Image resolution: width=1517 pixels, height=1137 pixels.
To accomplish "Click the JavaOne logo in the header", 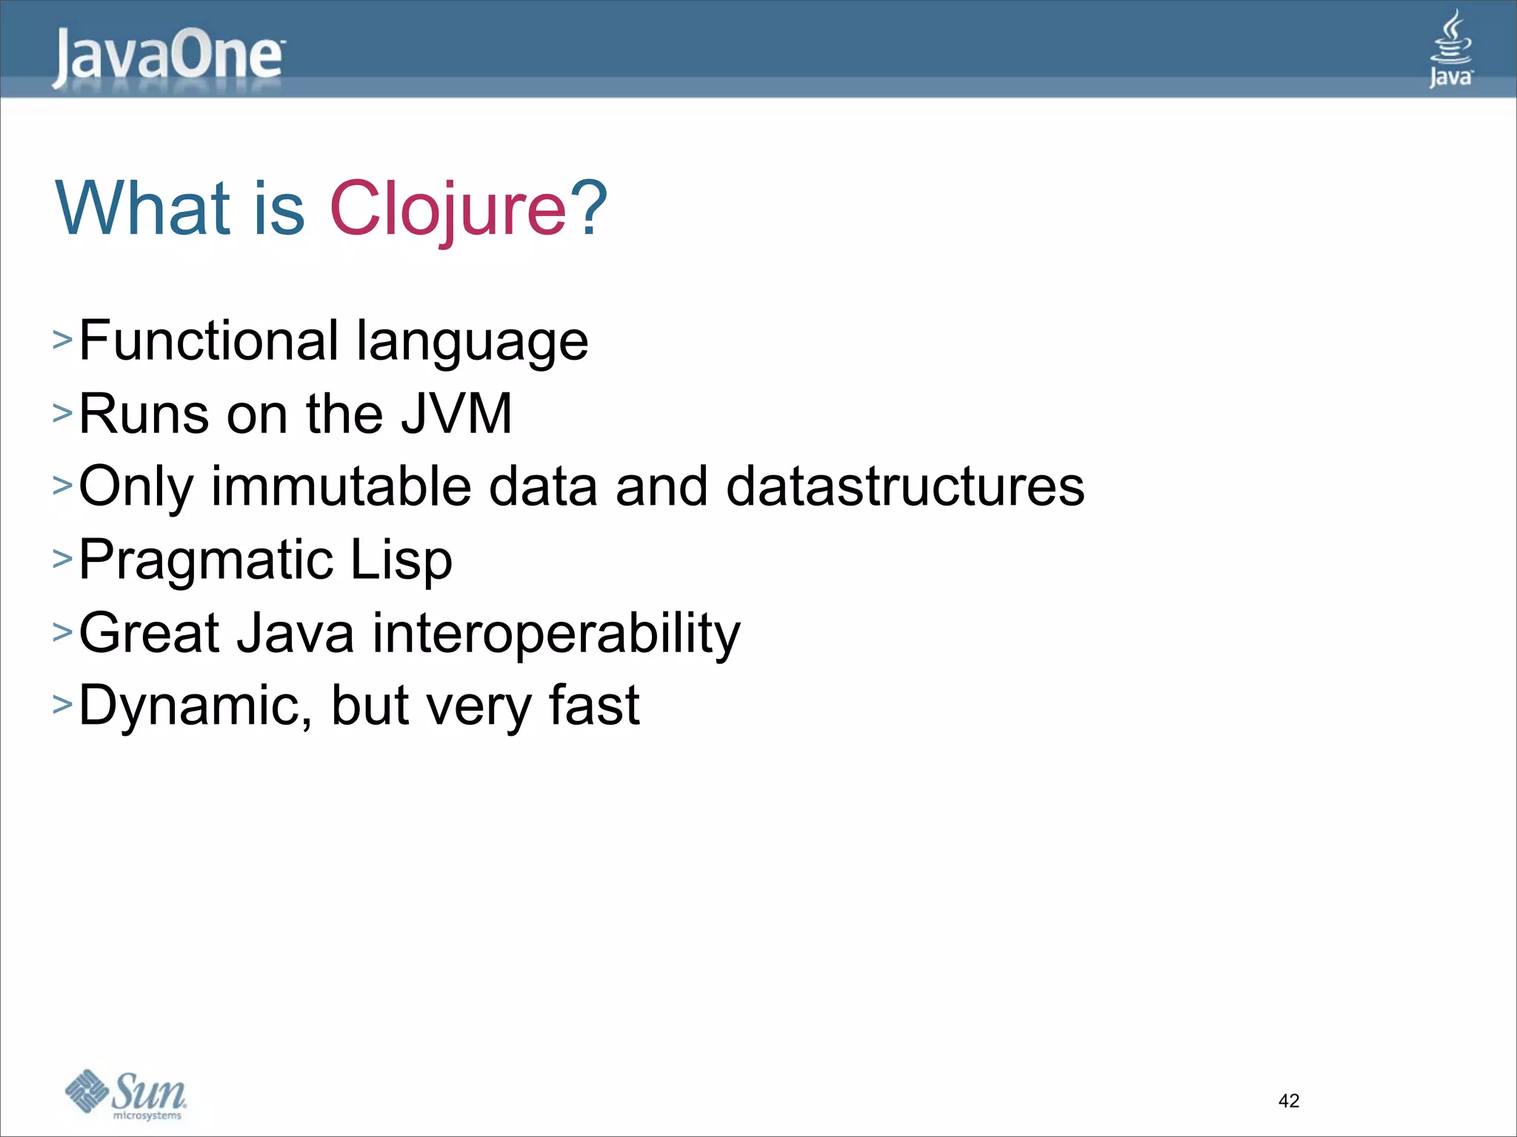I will pyautogui.click(x=169, y=58).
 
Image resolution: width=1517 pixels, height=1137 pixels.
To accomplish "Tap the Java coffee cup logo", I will pyautogui.click(x=1450, y=49).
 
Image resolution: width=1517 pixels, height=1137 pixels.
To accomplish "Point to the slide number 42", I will pyautogui.click(x=1288, y=1101).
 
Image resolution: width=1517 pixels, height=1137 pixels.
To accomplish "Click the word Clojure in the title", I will pyautogui.click(x=447, y=209).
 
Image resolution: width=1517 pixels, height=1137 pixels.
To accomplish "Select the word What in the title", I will pyautogui.click(x=143, y=209).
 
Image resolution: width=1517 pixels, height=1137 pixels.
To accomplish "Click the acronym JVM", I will pyautogui.click(x=456, y=414).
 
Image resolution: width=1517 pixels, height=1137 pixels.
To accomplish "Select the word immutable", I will pyautogui.click(x=341, y=486).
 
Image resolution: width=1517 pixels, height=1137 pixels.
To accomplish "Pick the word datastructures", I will pyautogui.click(x=905, y=486).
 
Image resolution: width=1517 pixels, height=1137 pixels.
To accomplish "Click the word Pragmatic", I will pyautogui.click(x=205, y=560).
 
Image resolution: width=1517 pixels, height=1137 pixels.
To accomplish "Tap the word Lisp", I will pyautogui.click(x=401, y=560).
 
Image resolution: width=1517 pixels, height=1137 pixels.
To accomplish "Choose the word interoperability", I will pyautogui.click(x=556, y=634).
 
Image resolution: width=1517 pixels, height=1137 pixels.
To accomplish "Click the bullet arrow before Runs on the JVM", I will pyautogui.click(x=62, y=414).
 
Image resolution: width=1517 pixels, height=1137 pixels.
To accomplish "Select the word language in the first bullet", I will pyautogui.click(x=472, y=343).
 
